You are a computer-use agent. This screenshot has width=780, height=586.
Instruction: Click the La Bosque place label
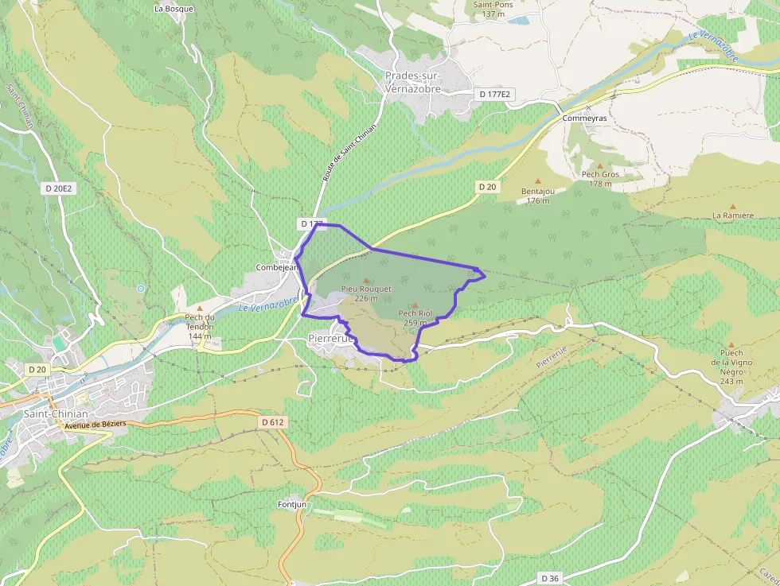click(x=174, y=10)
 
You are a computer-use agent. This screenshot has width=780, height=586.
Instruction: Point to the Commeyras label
click(x=584, y=118)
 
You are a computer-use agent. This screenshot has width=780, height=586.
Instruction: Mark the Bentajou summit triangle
click(x=538, y=181)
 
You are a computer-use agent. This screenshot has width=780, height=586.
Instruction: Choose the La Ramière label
click(x=732, y=215)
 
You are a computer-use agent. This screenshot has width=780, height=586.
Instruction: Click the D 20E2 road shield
click(x=59, y=188)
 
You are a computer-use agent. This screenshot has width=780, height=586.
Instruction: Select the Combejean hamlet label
click(x=276, y=268)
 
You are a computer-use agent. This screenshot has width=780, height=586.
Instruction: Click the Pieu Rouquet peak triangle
click(x=366, y=280)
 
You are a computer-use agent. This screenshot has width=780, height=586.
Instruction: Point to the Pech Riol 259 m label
click(x=415, y=318)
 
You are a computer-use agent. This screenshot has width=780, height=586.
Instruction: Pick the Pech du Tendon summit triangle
click(x=200, y=308)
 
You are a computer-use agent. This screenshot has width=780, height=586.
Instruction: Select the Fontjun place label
click(x=291, y=504)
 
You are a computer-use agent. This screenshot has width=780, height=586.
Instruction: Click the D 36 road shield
click(x=549, y=577)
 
